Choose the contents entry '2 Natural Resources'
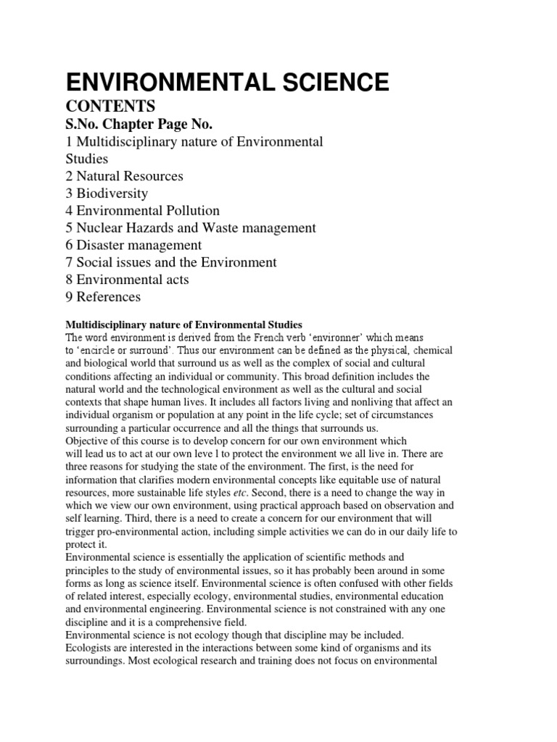pos(124,176)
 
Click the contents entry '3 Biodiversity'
pos(107,193)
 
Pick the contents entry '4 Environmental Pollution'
pos(143,211)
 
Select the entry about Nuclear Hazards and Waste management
pos(191,228)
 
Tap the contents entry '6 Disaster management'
pos(134,245)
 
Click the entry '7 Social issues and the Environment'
pos(171,262)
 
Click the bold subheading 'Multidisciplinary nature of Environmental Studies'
pos(183,324)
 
